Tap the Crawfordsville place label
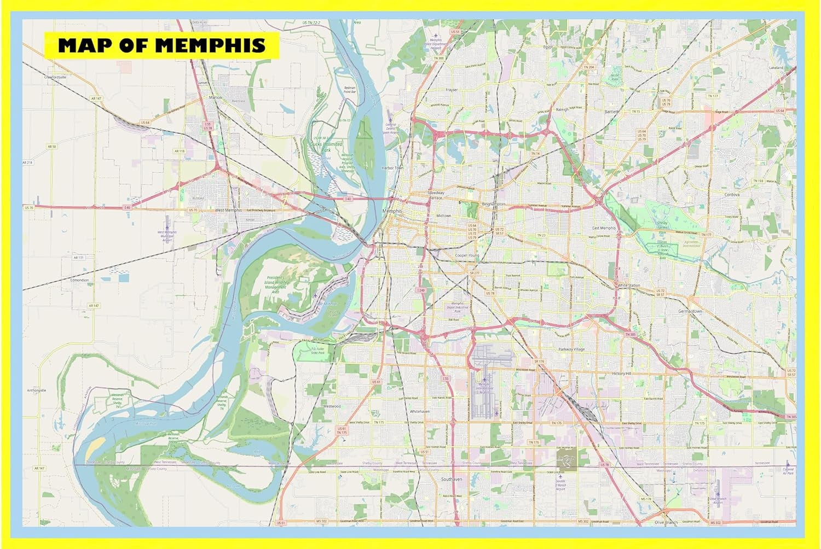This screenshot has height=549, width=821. coord(55,77)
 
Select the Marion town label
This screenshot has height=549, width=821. coord(216,97)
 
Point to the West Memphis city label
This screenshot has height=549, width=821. coord(228,210)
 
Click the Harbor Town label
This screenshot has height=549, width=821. coord(392,168)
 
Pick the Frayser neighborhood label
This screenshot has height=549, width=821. coord(452,90)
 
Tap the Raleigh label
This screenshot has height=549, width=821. coord(562,109)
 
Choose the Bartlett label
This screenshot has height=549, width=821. coord(612,111)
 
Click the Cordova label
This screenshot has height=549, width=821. coord(732,194)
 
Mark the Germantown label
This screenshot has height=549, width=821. coord(690,311)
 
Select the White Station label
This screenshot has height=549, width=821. coord(629,285)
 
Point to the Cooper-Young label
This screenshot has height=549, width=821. coord(467,255)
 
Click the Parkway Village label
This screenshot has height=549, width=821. coord(572,349)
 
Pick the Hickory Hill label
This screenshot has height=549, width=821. coord(622,373)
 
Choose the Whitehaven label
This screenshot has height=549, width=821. coord(420,411)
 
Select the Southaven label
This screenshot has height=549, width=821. coord(452,479)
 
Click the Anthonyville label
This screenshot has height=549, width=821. coord(37,390)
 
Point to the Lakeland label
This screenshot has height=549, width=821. coord(776,68)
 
